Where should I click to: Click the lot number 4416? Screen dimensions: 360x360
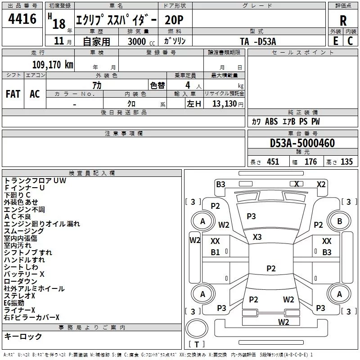(x=22, y=19)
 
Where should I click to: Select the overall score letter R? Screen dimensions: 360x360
(x=343, y=21)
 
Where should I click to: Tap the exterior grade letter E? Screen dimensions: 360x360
(x=336, y=40)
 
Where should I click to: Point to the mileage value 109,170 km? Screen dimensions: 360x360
(x=53, y=65)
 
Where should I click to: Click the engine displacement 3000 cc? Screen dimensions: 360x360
(x=140, y=41)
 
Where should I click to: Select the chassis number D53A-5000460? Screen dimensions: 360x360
(x=302, y=143)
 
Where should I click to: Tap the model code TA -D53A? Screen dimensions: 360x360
(x=257, y=41)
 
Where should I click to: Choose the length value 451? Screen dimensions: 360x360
(x=273, y=162)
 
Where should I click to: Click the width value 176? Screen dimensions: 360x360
(x=310, y=162)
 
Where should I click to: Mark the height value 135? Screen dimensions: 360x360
(x=346, y=162)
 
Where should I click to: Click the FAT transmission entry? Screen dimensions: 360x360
(x=13, y=94)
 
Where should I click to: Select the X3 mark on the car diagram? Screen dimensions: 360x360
(x=257, y=237)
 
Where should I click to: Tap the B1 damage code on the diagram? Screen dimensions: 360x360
(x=216, y=252)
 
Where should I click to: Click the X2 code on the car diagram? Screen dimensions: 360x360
(x=321, y=184)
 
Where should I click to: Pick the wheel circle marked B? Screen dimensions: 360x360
(x=340, y=221)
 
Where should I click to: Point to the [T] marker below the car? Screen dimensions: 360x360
(x=197, y=344)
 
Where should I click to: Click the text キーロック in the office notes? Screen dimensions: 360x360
(x=23, y=337)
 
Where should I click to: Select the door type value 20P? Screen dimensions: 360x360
(x=174, y=20)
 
